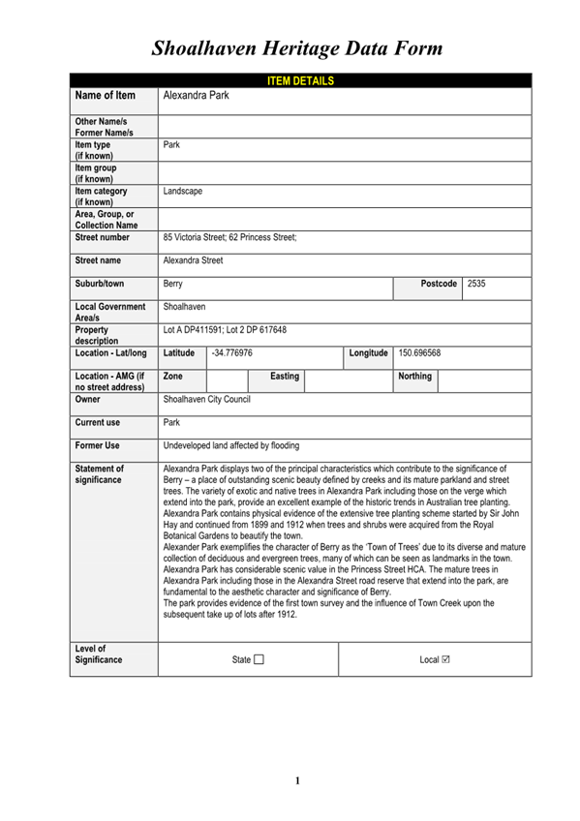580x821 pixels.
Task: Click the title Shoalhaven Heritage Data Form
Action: click(x=297, y=47)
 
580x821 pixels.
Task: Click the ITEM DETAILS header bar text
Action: click(x=300, y=80)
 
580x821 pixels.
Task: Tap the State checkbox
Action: click(x=259, y=660)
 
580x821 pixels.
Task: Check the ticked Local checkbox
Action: click(x=445, y=660)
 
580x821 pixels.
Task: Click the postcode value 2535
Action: click(x=476, y=284)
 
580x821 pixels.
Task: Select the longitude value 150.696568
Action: click(x=420, y=353)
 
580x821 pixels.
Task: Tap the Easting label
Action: click(x=285, y=376)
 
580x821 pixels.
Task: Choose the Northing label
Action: click(x=414, y=376)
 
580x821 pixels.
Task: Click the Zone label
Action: click(x=174, y=376)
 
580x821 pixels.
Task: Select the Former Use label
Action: click(x=98, y=445)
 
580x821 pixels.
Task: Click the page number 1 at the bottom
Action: click(x=298, y=780)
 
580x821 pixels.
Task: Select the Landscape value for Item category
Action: click(x=183, y=191)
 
